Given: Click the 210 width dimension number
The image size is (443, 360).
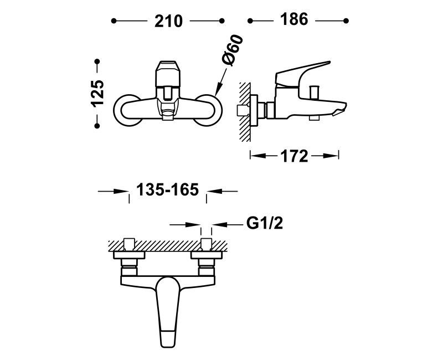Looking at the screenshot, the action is click(168, 21).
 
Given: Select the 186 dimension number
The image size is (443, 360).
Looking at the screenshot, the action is click(294, 20).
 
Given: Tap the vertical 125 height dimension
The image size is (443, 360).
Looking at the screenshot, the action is click(97, 93).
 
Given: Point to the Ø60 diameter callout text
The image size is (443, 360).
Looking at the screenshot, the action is click(233, 50).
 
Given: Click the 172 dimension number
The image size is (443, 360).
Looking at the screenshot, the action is click(294, 156).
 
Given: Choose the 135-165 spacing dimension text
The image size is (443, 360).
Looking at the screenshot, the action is click(168, 189).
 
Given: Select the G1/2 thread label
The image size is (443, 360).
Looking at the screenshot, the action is click(265, 224).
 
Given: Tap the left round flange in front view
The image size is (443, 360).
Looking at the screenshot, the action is click(127, 110).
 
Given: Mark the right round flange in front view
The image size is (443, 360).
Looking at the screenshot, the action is click(208, 110).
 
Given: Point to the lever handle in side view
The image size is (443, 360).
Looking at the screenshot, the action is click(302, 74).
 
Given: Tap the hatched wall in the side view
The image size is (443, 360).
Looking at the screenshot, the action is click(245, 112).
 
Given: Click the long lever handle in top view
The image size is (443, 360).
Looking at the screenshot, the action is click(168, 312).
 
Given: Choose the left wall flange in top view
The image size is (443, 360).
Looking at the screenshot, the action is click(129, 255).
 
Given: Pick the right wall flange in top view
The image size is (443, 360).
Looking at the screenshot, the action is click(207, 255).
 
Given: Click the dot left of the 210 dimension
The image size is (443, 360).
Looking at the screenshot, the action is click(114, 21).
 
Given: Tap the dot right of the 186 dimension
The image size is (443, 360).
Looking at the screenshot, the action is click(346, 20).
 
